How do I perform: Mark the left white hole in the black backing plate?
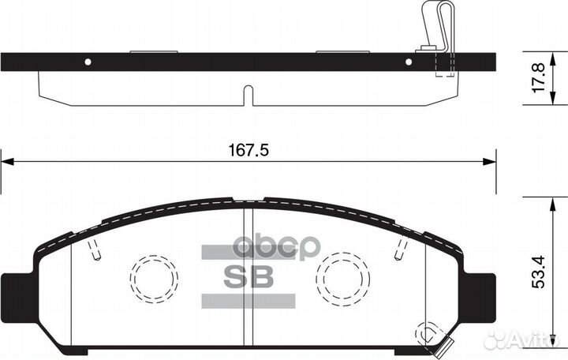coord(88,62)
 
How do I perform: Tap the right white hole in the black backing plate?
coord(409,62)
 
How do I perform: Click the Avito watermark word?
coord(536,340)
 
